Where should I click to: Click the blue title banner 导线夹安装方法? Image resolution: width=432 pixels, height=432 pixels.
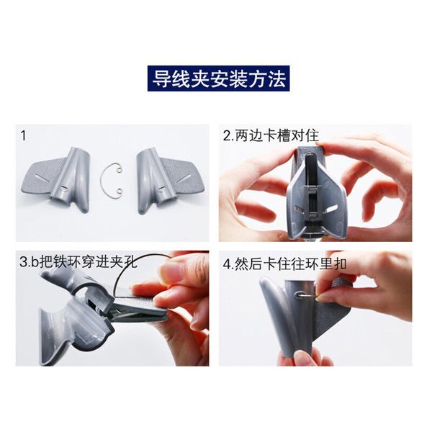[218, 78]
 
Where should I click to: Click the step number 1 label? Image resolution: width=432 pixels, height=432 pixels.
[24, 136]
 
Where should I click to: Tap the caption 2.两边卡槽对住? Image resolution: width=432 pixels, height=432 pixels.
[271, 136]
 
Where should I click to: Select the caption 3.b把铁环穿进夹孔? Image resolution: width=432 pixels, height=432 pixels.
[78, 261]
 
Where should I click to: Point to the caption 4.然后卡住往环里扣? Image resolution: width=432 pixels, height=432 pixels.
[284, 265]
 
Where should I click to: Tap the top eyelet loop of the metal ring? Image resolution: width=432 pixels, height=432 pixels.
[119, 169]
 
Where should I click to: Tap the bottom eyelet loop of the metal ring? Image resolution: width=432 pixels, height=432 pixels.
[119, 191]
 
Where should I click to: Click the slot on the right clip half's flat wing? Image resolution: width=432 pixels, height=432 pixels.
[184, 179]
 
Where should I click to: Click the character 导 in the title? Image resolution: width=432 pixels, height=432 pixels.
[161, 78]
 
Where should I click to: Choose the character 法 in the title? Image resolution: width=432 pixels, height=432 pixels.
[276, 78]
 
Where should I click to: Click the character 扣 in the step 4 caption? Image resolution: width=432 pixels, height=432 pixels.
[340, 265]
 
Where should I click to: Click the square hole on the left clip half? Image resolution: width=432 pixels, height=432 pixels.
[63, 188]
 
